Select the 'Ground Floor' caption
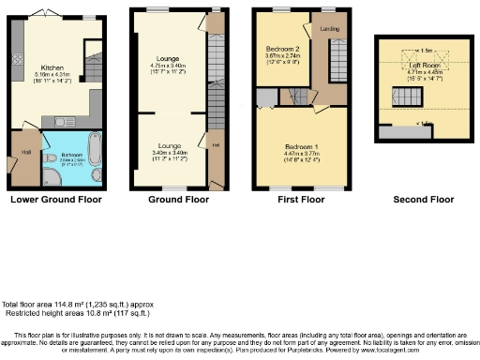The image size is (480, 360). tap(179, 200)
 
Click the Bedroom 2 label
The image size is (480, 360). tap(282, 49)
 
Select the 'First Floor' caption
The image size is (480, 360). tap(300, 200)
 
